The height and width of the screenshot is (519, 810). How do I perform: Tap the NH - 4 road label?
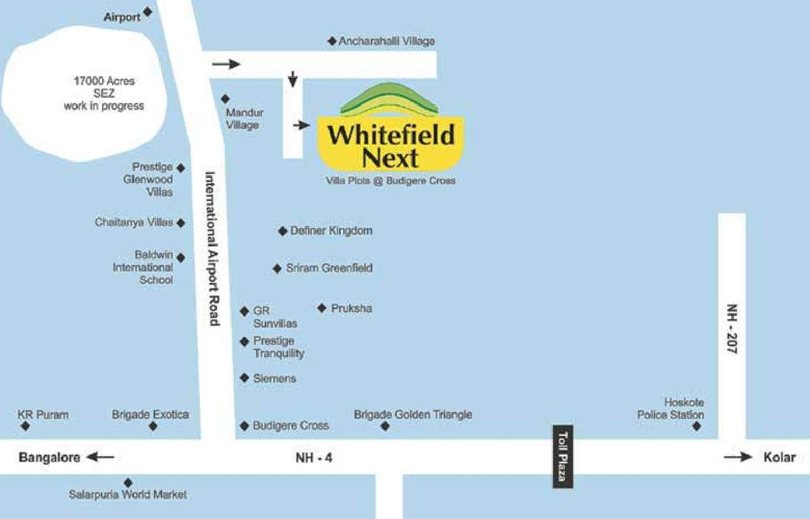coord(314,458)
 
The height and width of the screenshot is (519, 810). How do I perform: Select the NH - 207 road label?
coord(732,329)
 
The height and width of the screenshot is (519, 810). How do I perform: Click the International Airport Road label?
coord(212,248)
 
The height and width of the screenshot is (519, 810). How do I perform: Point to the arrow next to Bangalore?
coord(101,458)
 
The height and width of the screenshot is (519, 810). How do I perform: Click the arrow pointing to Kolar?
coord(738,458)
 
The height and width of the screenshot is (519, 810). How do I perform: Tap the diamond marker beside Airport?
coord(148,11)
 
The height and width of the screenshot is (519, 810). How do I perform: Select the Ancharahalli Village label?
coord(386,41)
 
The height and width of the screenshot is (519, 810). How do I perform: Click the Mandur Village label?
coord(245,118)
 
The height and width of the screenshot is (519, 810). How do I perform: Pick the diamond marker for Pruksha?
coord(322,308)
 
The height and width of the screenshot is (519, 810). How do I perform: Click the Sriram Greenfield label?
coord(329,268)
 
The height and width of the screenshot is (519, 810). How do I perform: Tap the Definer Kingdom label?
coord(331,231)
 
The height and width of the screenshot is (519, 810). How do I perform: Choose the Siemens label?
coord(274,378)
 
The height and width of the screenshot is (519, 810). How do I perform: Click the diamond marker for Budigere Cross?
coord(245,426)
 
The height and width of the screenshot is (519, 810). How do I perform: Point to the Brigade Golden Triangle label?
coord(413,414)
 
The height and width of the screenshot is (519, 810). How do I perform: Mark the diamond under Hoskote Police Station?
coord(697,426)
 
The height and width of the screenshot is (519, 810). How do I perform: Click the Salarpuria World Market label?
coord(128,495)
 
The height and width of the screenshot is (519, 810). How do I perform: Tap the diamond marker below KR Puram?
coord(26,426)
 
